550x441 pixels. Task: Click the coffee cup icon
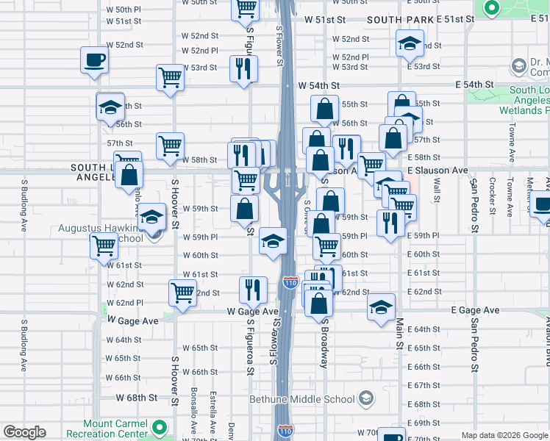pos(94,60)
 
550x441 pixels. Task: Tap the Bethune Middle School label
pos(302,399)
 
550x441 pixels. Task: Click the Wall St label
pos(437,189)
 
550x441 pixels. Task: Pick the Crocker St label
pos(491,198)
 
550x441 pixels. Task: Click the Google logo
pos(24,432)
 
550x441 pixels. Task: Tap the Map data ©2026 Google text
pos(504,435)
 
